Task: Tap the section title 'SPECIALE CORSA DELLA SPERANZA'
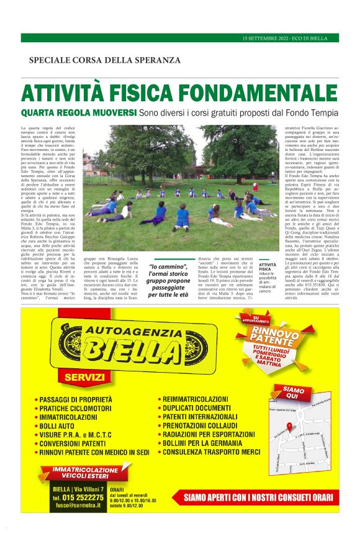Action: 105,60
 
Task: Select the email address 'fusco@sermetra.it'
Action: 78,507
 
